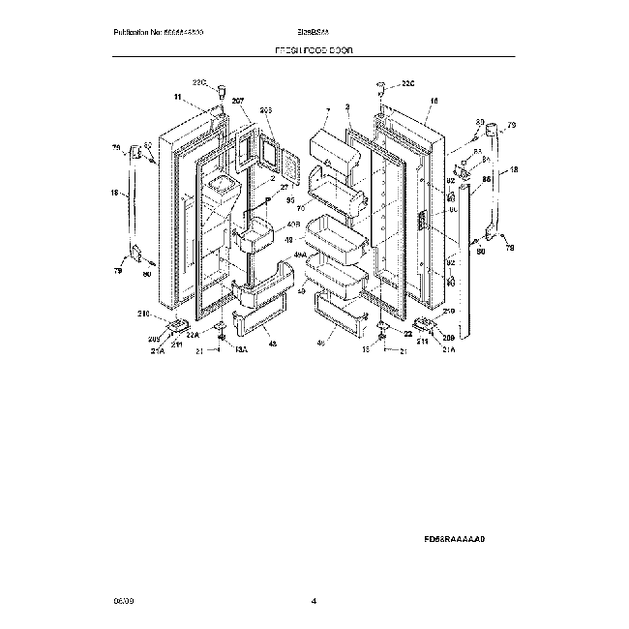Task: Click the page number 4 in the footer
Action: tap(314, 601)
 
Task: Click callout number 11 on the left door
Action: tap(177, 98)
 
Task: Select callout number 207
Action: tap(238, 102)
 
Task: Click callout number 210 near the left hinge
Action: tap(142, 314)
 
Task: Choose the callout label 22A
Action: tap(192, 336)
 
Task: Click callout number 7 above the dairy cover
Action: tap(327, 112)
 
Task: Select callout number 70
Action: tap(300, 207)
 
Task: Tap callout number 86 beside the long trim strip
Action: tap(486, 179)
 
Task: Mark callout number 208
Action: tap(448, 336)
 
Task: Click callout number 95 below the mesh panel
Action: tap(288, 199)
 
